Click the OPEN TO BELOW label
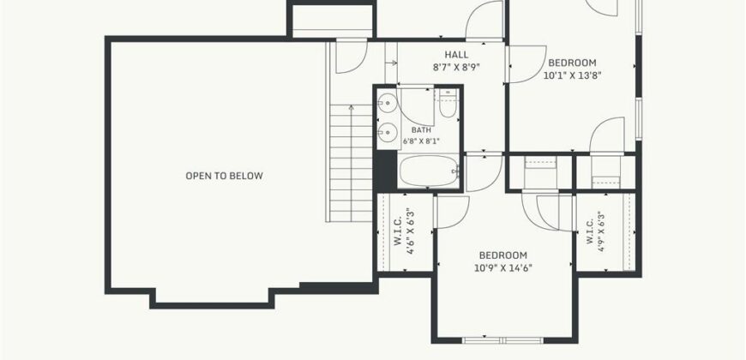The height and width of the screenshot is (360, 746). (x=224, y=176)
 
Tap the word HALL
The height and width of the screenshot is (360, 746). (x=456, y=55)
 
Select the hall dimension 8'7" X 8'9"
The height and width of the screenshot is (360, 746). (x=456, y=67)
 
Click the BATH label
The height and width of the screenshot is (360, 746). (x=422, y=129)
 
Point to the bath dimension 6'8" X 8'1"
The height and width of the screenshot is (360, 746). (x=422, y=141)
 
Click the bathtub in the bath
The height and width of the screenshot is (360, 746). (x=429, y=171)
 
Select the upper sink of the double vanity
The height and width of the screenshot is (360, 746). (x=388, y=102)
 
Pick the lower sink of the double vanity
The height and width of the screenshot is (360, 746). (x=388, y=131)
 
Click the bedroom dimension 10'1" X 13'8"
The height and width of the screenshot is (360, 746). (x=572, y=75)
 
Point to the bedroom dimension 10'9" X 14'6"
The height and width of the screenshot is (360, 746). (x=502, y=267)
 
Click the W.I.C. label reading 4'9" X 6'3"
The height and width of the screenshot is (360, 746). (x=595, y=231)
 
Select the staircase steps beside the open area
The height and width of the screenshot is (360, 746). (x=351, y=163)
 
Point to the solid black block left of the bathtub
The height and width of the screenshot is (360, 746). (x=385, y=171)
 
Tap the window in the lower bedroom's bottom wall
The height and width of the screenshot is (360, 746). (x=502, y=340)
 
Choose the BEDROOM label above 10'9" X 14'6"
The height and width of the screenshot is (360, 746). (x=502, y=255)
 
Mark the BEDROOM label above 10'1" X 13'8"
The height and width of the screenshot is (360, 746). (x=572, y=63)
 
